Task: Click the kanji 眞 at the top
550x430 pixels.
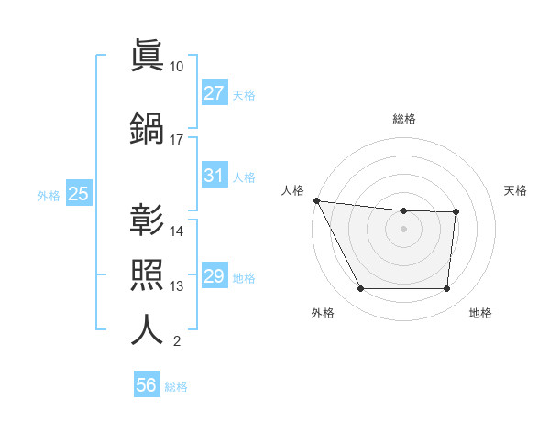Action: pos(147,54)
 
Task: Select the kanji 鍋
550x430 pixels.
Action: pos(147,127)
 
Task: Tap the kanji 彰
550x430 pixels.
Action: pos(147,219)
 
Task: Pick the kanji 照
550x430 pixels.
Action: pos(147,274)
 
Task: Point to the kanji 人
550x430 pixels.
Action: pos(147,328)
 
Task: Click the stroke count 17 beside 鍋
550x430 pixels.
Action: pos(176,140)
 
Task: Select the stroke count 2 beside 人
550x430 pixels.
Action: pos(176,342)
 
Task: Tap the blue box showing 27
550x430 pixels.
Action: pos(214,93)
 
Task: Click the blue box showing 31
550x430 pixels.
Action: pos(214,176)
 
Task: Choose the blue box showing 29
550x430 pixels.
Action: pos(214,276)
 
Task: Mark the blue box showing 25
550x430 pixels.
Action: pos(78,194)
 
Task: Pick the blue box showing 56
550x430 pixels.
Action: pos(146,385)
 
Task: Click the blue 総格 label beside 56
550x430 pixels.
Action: pos(176,387)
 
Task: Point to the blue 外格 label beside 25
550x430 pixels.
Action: pos(49,195)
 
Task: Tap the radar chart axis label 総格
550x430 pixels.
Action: pos(404,119)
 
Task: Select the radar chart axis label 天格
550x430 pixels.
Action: pos(516,190)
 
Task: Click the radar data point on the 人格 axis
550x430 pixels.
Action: pos(316,200)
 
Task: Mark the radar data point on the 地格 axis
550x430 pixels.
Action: pos(446,289)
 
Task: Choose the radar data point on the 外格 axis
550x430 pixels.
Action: pos(360,289)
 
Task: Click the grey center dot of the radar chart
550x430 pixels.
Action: pos(403,229)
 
